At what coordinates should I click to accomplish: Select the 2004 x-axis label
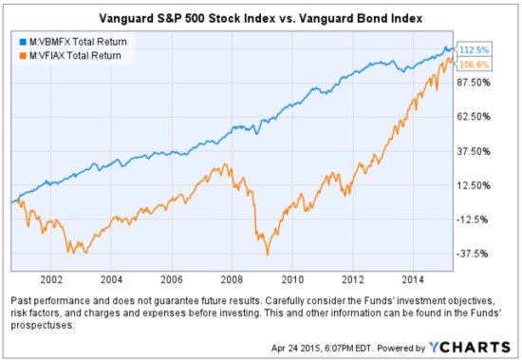tap(111, 281)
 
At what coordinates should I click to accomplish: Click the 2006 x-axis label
tap(171, 281)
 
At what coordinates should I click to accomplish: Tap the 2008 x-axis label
tap(232, 281)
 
